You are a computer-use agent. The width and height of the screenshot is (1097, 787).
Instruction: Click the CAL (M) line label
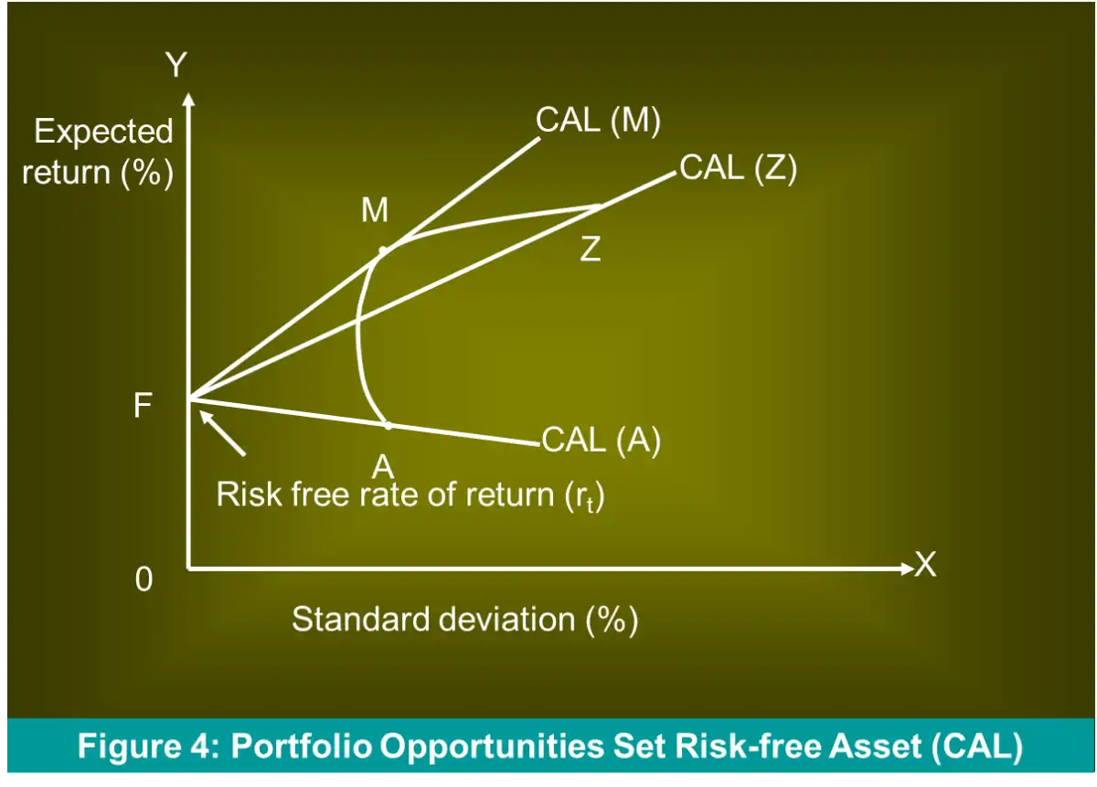598,120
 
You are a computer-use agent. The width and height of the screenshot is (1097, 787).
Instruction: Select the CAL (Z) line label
738,168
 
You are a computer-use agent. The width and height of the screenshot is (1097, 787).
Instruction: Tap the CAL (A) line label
602,440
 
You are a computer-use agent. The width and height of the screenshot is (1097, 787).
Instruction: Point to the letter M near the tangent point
375,210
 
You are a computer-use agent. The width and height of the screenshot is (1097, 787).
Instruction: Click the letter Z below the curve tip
591,249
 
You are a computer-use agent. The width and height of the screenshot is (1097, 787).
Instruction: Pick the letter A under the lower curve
383,467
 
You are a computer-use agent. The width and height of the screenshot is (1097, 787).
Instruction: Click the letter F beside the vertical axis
142,406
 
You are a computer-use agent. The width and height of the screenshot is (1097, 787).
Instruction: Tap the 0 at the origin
144,580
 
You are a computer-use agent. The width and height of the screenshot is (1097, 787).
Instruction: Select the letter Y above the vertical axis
176,65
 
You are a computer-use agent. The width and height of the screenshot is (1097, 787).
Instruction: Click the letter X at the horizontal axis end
925,564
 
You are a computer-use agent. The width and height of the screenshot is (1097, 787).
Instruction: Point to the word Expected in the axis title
103,132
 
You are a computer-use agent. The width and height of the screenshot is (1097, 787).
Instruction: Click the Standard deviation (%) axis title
464,620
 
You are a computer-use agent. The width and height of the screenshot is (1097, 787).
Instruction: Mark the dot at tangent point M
383,251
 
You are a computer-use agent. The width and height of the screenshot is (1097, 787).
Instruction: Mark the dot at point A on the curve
389,425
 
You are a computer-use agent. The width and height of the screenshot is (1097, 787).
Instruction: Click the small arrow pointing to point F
222,433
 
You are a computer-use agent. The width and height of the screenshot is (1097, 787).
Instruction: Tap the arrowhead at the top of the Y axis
188,99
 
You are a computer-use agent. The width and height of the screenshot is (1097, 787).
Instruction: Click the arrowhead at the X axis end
908,569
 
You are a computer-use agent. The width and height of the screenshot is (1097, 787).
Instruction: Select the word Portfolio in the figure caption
300,746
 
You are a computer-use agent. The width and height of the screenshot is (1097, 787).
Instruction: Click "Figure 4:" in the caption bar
149,746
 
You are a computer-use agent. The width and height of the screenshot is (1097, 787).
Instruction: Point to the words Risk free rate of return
385,495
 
